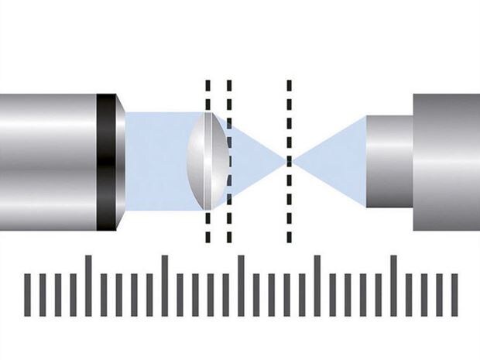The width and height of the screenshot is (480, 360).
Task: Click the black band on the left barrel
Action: click(x=106, y=162)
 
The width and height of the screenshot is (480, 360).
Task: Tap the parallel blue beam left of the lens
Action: click(x=155, y=162)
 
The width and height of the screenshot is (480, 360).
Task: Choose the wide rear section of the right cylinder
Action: click(x=446, y=162)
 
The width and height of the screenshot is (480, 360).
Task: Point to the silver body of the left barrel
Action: click(x=46, y=162)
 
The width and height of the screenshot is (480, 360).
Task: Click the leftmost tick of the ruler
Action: click(x=28, y=295)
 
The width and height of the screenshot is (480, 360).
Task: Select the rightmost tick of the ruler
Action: click(x=454, y=295)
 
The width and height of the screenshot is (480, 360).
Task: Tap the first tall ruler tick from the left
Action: click(x=88, y=286)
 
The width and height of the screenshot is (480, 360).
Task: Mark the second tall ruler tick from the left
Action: click(x=164, y=286)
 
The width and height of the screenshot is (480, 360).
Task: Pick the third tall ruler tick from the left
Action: click(x=241, y=286)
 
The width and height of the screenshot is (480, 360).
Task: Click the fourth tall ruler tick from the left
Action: click(x=317, y=286)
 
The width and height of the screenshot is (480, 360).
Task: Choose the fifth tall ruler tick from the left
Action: click(x=393, y=286)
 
